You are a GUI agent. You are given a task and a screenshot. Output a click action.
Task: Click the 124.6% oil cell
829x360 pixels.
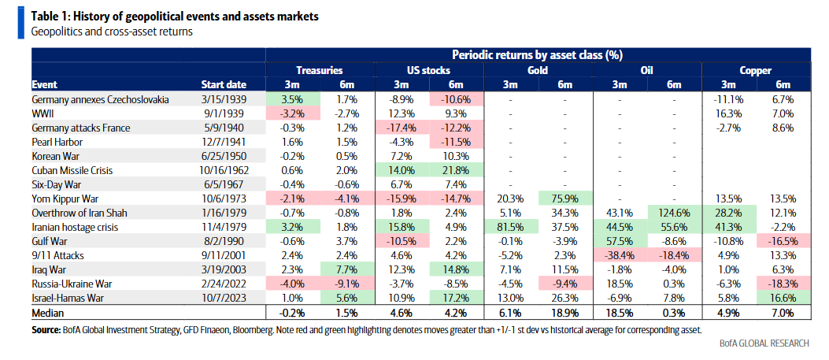tap(674, 213)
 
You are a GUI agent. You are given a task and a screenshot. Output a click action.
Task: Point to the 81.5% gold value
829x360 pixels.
tap(511, 227)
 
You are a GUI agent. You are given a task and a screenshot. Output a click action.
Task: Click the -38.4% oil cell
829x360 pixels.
tap(620, 255)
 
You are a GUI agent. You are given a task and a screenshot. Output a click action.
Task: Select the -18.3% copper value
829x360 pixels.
tap(783, 284)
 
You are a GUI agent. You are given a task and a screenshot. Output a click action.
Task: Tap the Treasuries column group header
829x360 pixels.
tap(320, 70)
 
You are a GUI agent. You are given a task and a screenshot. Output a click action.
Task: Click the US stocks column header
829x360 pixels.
tap(428, 70)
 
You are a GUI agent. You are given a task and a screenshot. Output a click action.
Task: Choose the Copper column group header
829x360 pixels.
tap(755, 70)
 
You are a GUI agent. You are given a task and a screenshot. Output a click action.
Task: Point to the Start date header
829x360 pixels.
tap(224, 84)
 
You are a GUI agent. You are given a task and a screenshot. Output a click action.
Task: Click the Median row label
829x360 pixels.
tap(49, 313)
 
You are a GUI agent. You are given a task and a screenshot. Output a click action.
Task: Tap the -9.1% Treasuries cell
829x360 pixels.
tap(347, 284)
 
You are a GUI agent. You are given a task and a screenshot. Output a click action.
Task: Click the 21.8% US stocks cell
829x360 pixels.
tap(457, 170)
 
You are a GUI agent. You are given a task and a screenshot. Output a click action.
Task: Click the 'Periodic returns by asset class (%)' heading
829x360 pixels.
tap(538, 55)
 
